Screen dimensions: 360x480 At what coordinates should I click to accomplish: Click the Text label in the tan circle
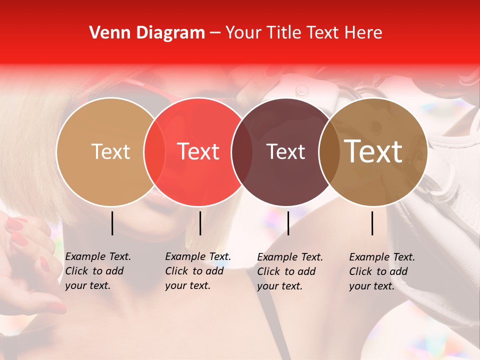(110, 151)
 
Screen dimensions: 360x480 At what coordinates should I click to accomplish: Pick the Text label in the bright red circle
(198, 151)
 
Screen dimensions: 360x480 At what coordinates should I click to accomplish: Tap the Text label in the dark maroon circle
(286, 151)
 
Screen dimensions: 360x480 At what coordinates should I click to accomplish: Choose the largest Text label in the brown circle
(373, 151)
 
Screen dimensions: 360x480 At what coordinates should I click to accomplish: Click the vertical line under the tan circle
(112, 223)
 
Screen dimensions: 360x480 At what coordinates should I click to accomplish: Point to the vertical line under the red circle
(200, 223)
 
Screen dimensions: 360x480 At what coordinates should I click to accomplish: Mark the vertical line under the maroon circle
(288, 223)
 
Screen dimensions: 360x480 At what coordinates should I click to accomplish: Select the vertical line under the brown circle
(372, 223)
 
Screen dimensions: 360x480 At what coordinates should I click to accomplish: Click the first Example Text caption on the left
(98, 271)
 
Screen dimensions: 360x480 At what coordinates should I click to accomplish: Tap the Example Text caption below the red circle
(198, 271)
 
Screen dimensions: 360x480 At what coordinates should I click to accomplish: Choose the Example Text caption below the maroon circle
(290, 271)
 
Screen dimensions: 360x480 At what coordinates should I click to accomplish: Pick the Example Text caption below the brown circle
(382, 271)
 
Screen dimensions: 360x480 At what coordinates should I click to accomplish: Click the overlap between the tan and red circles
(154, 151)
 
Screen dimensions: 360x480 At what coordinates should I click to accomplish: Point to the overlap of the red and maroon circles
(242, 151)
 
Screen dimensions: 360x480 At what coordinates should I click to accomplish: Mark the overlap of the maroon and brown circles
(329, 151)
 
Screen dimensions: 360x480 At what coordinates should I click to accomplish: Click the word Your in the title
(244, 33)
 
